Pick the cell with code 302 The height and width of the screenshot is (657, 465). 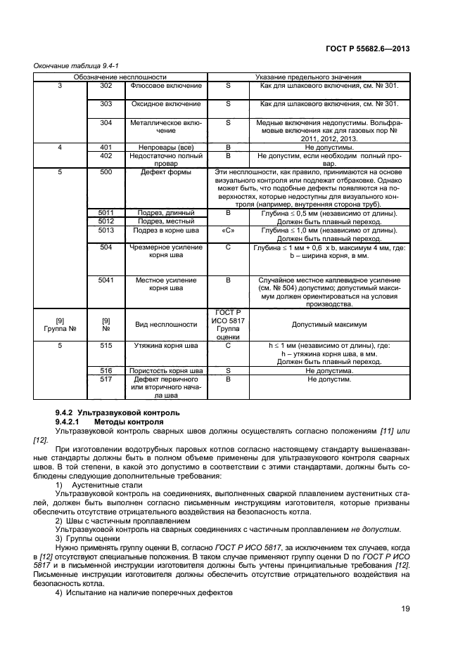point(106,85)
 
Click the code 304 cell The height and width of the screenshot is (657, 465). point(106,122)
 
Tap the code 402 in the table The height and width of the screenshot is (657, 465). point(106,156)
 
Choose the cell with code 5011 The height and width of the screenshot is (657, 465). point(106,212)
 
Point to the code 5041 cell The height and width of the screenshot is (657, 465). point(106,280)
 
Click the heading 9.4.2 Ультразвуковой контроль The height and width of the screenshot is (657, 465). point(117,412)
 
